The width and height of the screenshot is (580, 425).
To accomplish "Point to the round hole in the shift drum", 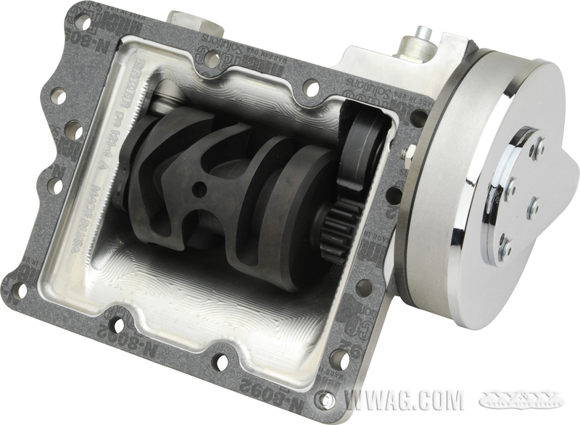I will tap(200, 190).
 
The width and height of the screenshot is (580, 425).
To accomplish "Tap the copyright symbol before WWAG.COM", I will tap(327, 400).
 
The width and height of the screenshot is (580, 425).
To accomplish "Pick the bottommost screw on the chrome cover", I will tap(505, 247).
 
